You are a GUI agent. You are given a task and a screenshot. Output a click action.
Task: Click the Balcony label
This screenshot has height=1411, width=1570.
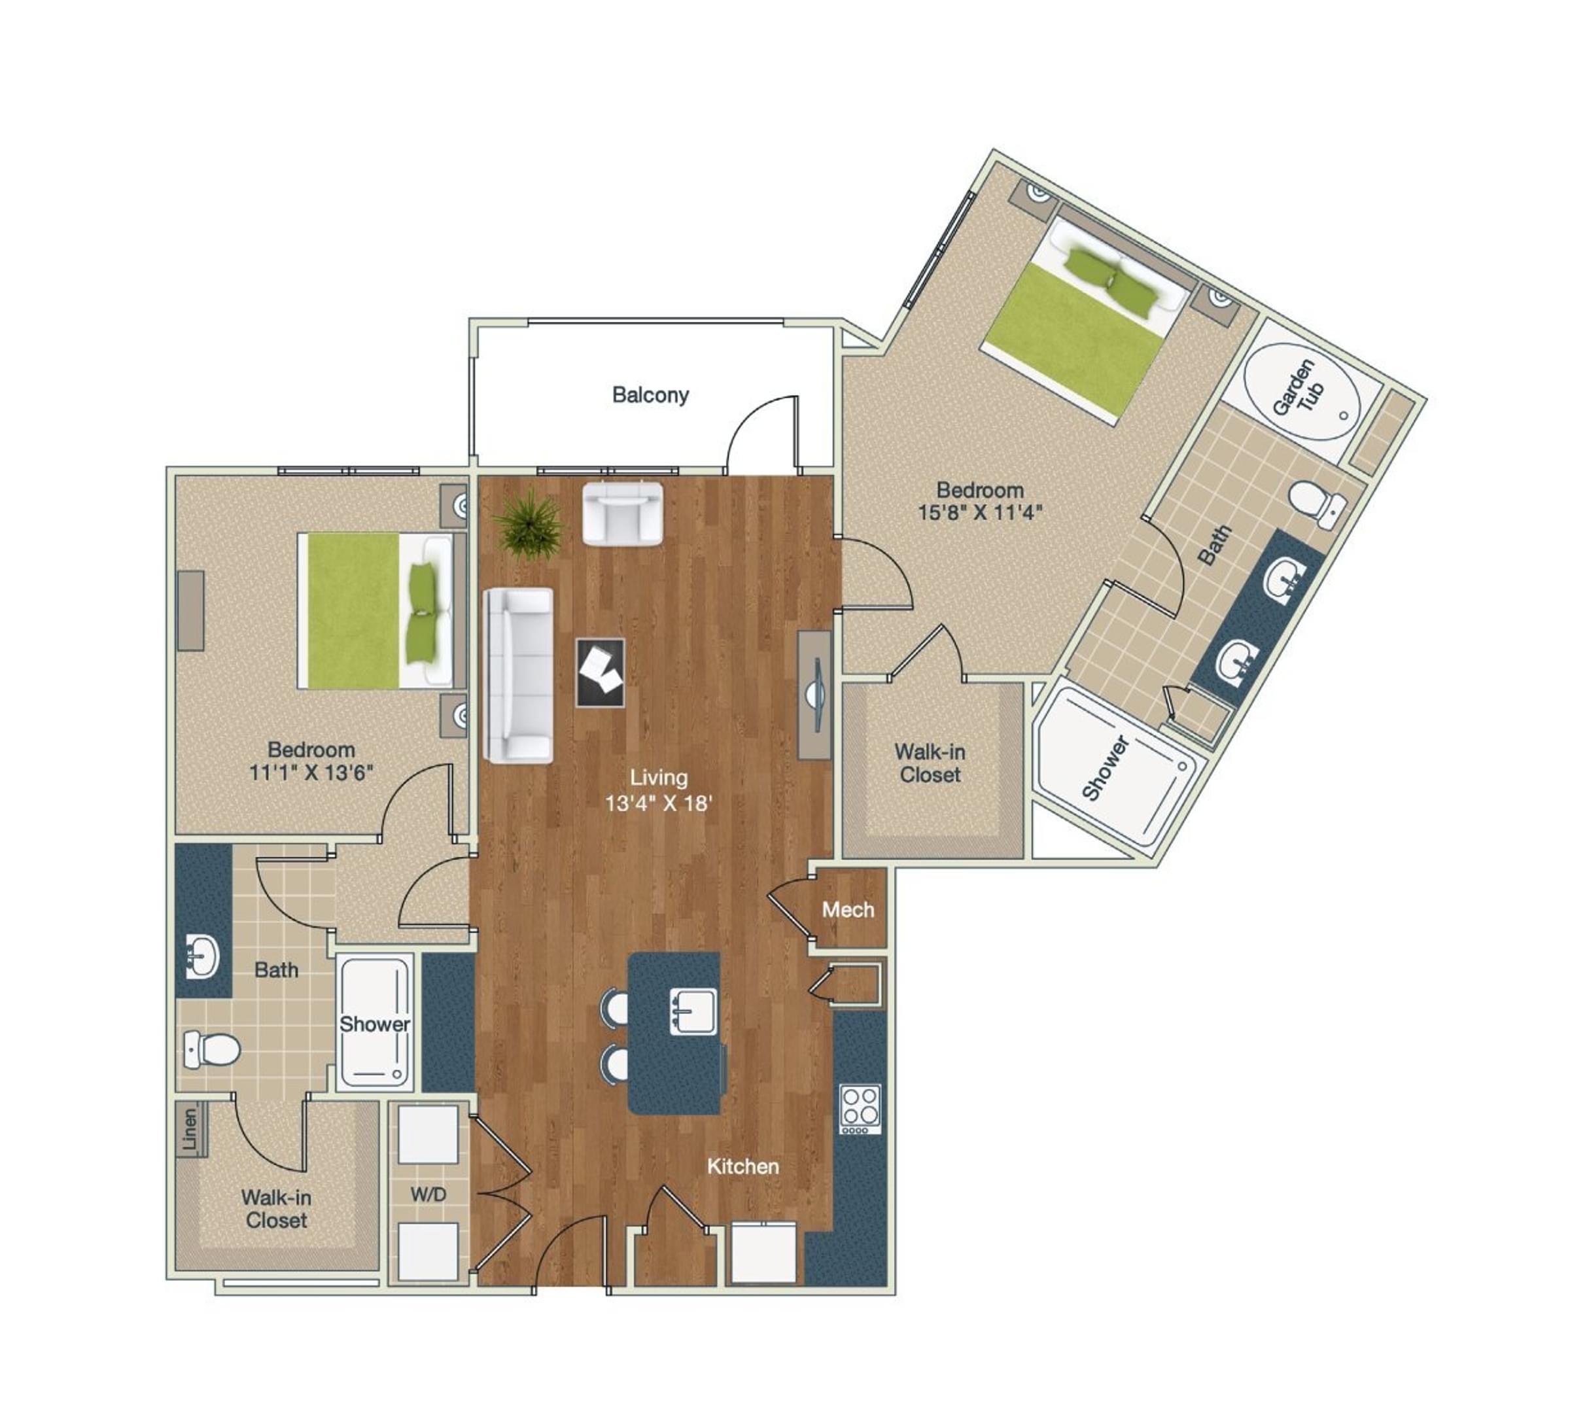(650, 394)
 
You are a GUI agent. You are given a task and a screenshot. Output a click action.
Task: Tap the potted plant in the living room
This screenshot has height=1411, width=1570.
(529, 524)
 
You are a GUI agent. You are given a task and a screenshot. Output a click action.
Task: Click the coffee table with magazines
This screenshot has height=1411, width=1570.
(600, 672)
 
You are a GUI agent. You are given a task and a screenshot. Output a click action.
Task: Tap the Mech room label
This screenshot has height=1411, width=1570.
(847, 909)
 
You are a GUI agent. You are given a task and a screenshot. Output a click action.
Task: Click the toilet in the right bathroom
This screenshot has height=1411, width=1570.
(1316, 501)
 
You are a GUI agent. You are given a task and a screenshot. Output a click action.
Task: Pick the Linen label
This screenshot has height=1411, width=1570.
(190, 1127)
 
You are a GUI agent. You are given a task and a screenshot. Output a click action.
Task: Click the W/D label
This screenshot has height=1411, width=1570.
(428, 1194)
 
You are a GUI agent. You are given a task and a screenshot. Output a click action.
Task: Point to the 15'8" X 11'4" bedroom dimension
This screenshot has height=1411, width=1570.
(980, 512)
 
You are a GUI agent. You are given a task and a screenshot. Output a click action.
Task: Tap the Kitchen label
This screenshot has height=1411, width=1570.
(742, 1166)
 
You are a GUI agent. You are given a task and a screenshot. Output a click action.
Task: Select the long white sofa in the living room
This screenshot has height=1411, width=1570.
(518, 674)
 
